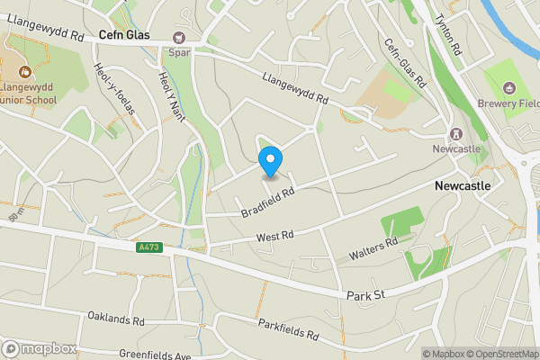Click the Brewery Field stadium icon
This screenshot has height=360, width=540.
(509, 87)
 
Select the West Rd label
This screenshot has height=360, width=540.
(275, 237)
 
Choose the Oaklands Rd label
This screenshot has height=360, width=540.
(116, 319)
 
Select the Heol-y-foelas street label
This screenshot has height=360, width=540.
(113, 88)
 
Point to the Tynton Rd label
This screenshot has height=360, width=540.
(446, 35)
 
